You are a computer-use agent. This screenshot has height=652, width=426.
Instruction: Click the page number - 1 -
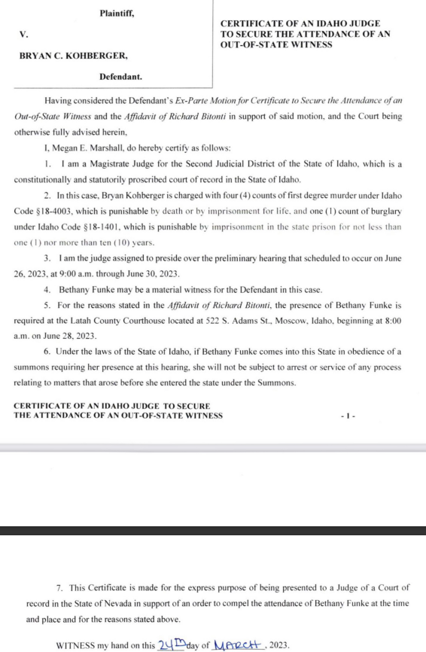click(x=347, y=416)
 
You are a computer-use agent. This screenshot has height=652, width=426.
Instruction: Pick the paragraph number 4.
click(x=47, y=289)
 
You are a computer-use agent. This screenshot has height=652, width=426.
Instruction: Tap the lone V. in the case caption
click(x=23, y=35)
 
